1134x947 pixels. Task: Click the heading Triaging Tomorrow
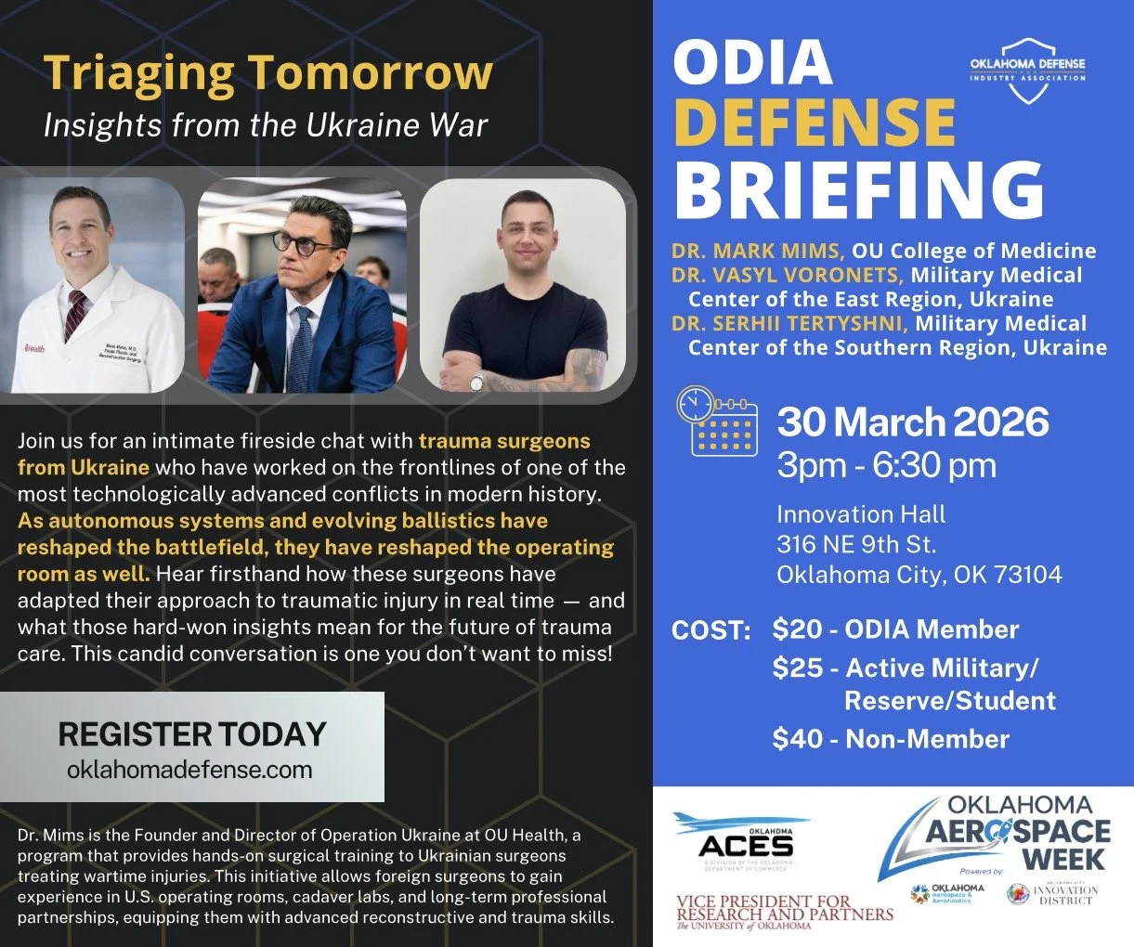click(267, 72)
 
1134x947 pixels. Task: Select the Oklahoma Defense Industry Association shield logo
click(1027, 71)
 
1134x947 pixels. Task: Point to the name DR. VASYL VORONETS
click(788, 276)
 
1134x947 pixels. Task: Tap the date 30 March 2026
click(913, 422)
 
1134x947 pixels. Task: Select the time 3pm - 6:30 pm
click(886, 465)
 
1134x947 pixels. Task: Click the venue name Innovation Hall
click(861, 514)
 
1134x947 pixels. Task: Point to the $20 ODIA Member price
click(895, 629)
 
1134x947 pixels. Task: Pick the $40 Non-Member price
click(891, 739)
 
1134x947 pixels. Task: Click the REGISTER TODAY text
click(192, 734)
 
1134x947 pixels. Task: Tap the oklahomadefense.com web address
click(189, 770)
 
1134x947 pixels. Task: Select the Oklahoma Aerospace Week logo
click(1003, 832)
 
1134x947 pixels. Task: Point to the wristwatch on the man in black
click(476, 381)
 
